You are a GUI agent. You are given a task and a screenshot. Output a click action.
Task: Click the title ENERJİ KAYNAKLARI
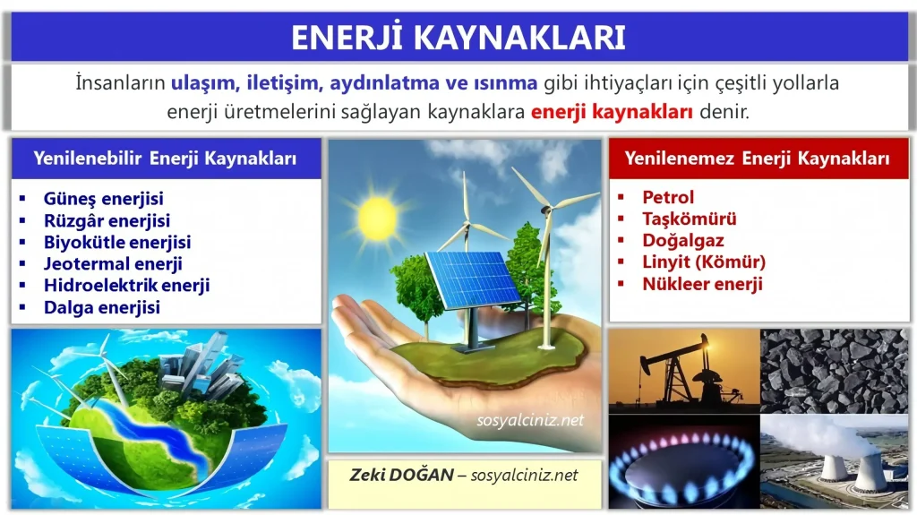[x=458, y=37]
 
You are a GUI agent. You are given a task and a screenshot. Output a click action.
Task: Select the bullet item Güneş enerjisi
[x=103, y=199]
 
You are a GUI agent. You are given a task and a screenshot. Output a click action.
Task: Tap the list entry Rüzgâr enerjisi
[x=107, y=220]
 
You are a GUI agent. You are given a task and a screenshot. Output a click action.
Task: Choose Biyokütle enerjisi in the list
[x=116, y=242]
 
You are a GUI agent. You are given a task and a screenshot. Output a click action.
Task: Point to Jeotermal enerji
[x=113, y=263]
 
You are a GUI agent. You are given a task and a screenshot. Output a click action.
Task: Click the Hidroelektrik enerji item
[x=126, y=285]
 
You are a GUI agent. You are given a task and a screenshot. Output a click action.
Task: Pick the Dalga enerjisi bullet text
[x=101, y=307]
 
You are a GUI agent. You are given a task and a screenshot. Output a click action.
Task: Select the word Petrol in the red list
[x=668, y=197]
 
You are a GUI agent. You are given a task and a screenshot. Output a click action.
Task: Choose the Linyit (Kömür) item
[x=704, y=262]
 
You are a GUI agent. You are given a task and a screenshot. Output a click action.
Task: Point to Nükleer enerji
[x=702, y=284]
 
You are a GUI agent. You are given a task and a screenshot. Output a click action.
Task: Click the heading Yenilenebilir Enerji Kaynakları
[x=165, y=159]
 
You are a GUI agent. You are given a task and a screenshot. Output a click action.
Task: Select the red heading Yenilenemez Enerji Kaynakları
[x=758, y=159]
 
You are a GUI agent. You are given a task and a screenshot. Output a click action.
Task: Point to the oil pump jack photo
[x=683, y=370]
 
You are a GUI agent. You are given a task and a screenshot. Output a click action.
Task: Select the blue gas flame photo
[x=683, y=462]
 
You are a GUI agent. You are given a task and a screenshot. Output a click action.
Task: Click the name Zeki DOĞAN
[x=401, y=475]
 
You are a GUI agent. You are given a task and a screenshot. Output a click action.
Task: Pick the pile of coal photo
[x=835, y=370]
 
